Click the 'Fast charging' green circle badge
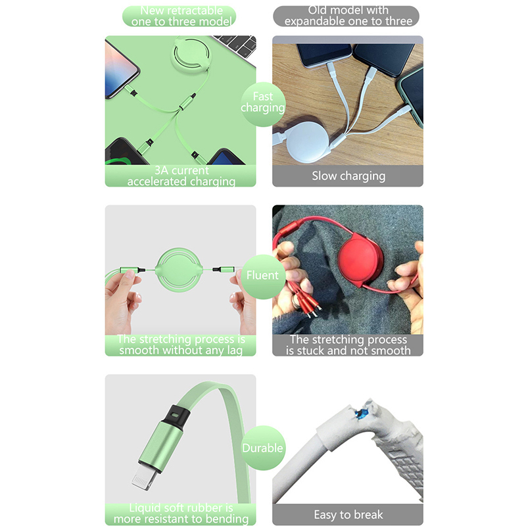[263, 105]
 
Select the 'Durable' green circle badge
[263, 448]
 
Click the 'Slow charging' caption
[348, 176]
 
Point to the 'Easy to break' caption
[348, 515]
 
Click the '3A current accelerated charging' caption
[181, 176]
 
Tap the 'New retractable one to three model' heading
[181, 16]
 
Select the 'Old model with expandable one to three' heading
[348, 16]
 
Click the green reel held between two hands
[179, 270]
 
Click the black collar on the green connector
[175, 417]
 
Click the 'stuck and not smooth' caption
[348, 350]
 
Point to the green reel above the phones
[191, 55]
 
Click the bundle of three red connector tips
[307, 300]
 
